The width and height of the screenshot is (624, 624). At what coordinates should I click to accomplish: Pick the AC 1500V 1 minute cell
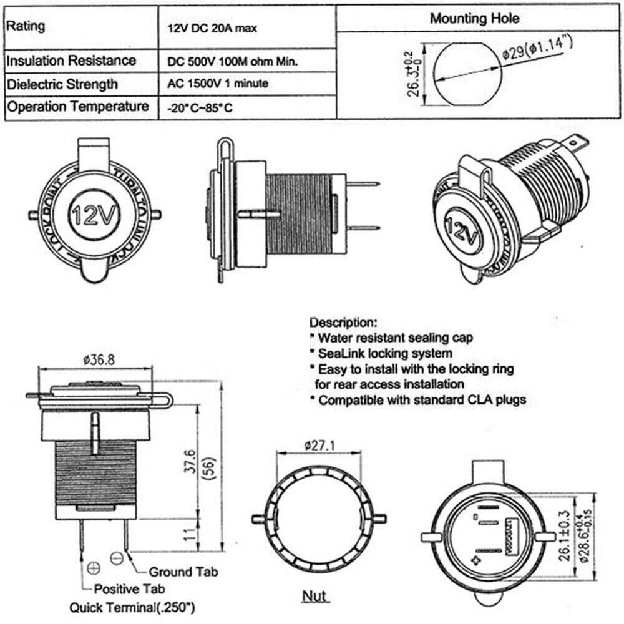coord(218,84)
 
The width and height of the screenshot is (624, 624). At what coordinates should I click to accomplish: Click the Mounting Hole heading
coord(474,18)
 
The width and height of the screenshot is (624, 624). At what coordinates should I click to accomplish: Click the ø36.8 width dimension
coord(98,359)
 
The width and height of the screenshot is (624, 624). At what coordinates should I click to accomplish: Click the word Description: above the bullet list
coord(343,323)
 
